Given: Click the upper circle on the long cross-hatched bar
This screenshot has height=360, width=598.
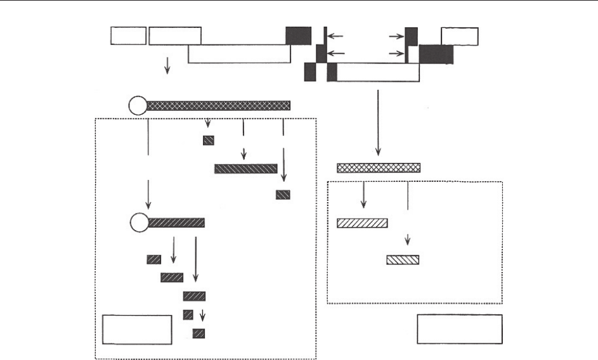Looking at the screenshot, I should pos(138,105).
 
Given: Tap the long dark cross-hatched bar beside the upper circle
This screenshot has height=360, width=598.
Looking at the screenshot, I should pos(218,105).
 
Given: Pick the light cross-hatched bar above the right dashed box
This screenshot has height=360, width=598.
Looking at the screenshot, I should pos(378,168).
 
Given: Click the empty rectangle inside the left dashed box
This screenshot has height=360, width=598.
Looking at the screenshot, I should pos(137,330).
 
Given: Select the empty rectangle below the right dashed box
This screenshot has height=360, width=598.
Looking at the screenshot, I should pos(460,329).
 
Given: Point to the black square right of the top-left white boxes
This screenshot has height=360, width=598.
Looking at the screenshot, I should pos(298,36).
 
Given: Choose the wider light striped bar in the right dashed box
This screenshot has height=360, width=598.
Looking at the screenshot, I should pos(362,223).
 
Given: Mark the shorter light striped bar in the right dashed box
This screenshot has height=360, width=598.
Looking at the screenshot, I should pos(403,260).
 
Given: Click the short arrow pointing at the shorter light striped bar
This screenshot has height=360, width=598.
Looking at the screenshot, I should pos(408,241).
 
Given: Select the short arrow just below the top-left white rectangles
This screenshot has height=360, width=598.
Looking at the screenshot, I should pos(167,65).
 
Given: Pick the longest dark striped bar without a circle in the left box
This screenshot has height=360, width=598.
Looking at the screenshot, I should pos(245,169).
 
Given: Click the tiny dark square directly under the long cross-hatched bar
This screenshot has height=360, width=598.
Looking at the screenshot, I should pos(208,140).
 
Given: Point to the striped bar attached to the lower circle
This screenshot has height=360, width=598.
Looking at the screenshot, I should pos(176,222).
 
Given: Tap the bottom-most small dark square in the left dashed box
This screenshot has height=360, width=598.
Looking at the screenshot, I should pos(198,333).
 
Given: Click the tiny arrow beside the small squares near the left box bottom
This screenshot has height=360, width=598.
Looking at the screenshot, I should pos(202,316).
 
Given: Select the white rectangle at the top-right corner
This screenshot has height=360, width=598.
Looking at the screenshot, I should pos(460,36).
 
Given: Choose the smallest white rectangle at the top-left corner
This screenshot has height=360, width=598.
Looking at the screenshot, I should pos(129,36).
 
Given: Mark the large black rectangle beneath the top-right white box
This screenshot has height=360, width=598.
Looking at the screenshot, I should pos(436,55).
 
